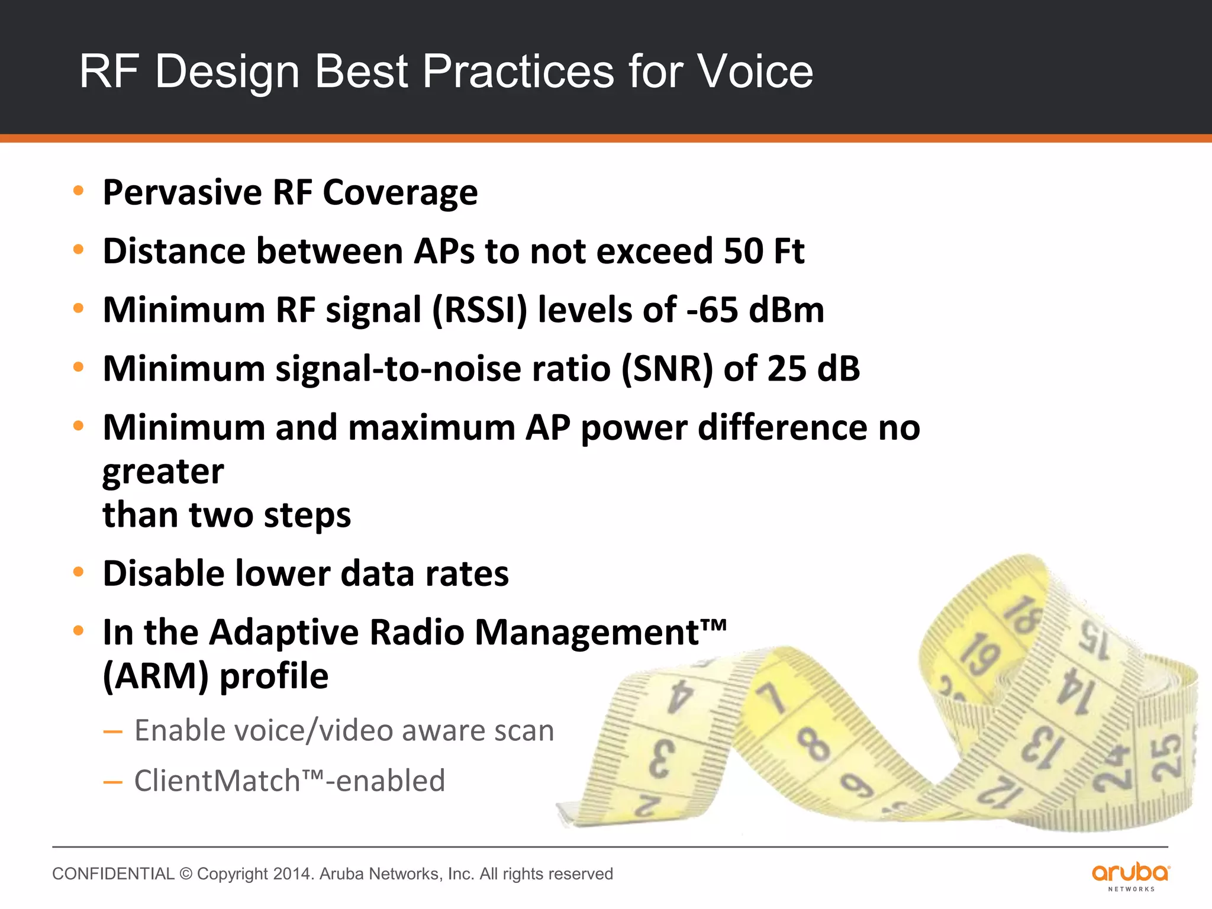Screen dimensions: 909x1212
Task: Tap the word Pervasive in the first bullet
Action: click(182, 192)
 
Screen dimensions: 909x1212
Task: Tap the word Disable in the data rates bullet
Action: click(163, 573)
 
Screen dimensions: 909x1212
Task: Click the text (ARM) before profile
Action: click(156, 676)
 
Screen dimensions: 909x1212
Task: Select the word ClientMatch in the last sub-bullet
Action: click(217, 781)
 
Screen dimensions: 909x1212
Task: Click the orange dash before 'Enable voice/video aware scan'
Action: click(112, 732)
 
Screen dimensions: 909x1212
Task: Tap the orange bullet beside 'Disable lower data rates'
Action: click(78, 572)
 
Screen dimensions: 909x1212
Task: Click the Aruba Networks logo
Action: click(1130, 876)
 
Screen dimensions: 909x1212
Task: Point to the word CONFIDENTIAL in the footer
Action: click(113, 874)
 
